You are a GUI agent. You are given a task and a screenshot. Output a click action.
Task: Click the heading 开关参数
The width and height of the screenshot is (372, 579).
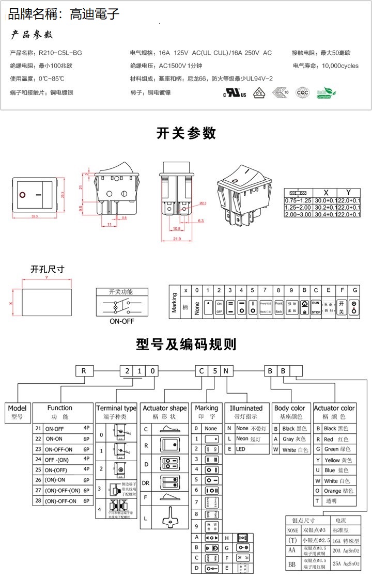pyautogui.click(x=186, y=133)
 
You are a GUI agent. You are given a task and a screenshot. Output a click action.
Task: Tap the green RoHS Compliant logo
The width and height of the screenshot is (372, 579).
pyautogui.click(x=326, y=93)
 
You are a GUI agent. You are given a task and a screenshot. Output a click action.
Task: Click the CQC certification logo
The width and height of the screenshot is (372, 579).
pyautogui.click(x=302, y=93)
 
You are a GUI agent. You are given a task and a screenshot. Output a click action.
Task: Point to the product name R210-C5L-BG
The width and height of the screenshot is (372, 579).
pyautogui.click(x=60, y=53)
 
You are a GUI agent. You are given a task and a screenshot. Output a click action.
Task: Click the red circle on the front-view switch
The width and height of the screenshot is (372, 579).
pyautogui.click(x=22, y=195)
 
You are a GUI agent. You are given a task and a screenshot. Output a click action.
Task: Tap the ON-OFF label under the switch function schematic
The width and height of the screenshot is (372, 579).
pyautogui.click(x=121, y=321)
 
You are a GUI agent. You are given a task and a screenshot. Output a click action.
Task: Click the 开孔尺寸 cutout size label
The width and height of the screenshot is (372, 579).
pyautogui.click(x=48, y=270)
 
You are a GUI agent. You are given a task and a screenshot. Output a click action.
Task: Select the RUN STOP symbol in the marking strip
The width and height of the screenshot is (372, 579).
pyautogui.click(x=316, y=308)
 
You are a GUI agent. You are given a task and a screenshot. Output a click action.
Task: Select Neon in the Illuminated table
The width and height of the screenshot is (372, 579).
pyautogui.click(x=242, y=439)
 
